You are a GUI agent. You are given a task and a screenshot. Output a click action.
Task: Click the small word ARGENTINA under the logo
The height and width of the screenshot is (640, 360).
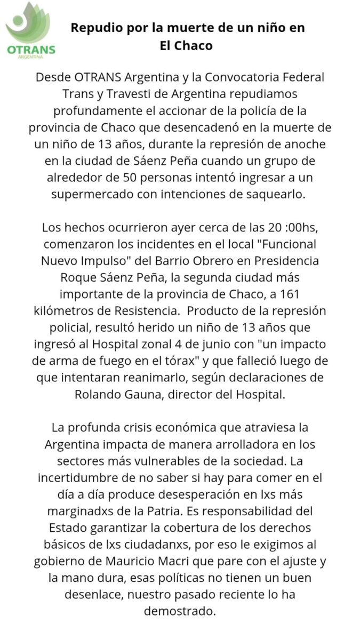(31, 56)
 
